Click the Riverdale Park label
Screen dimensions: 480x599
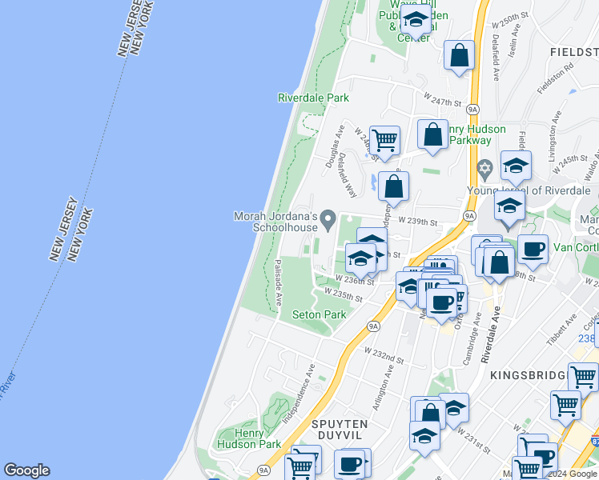pyautogui.click(x=313, y=98)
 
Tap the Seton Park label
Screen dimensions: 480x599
pyautogui.click(x=320, y=314)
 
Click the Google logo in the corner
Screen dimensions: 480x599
pyautogui.click(x=26, y=470)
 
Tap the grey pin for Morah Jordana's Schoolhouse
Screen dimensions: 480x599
pyautogui.click(x=328, y=218)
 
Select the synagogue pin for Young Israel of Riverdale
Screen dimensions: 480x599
pyautogui.click(x=484, y=170)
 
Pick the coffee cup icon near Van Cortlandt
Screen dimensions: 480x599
pyautogui.click(x=533, y=249)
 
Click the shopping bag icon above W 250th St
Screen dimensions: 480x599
pyautogui.click(x=460, y=56)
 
